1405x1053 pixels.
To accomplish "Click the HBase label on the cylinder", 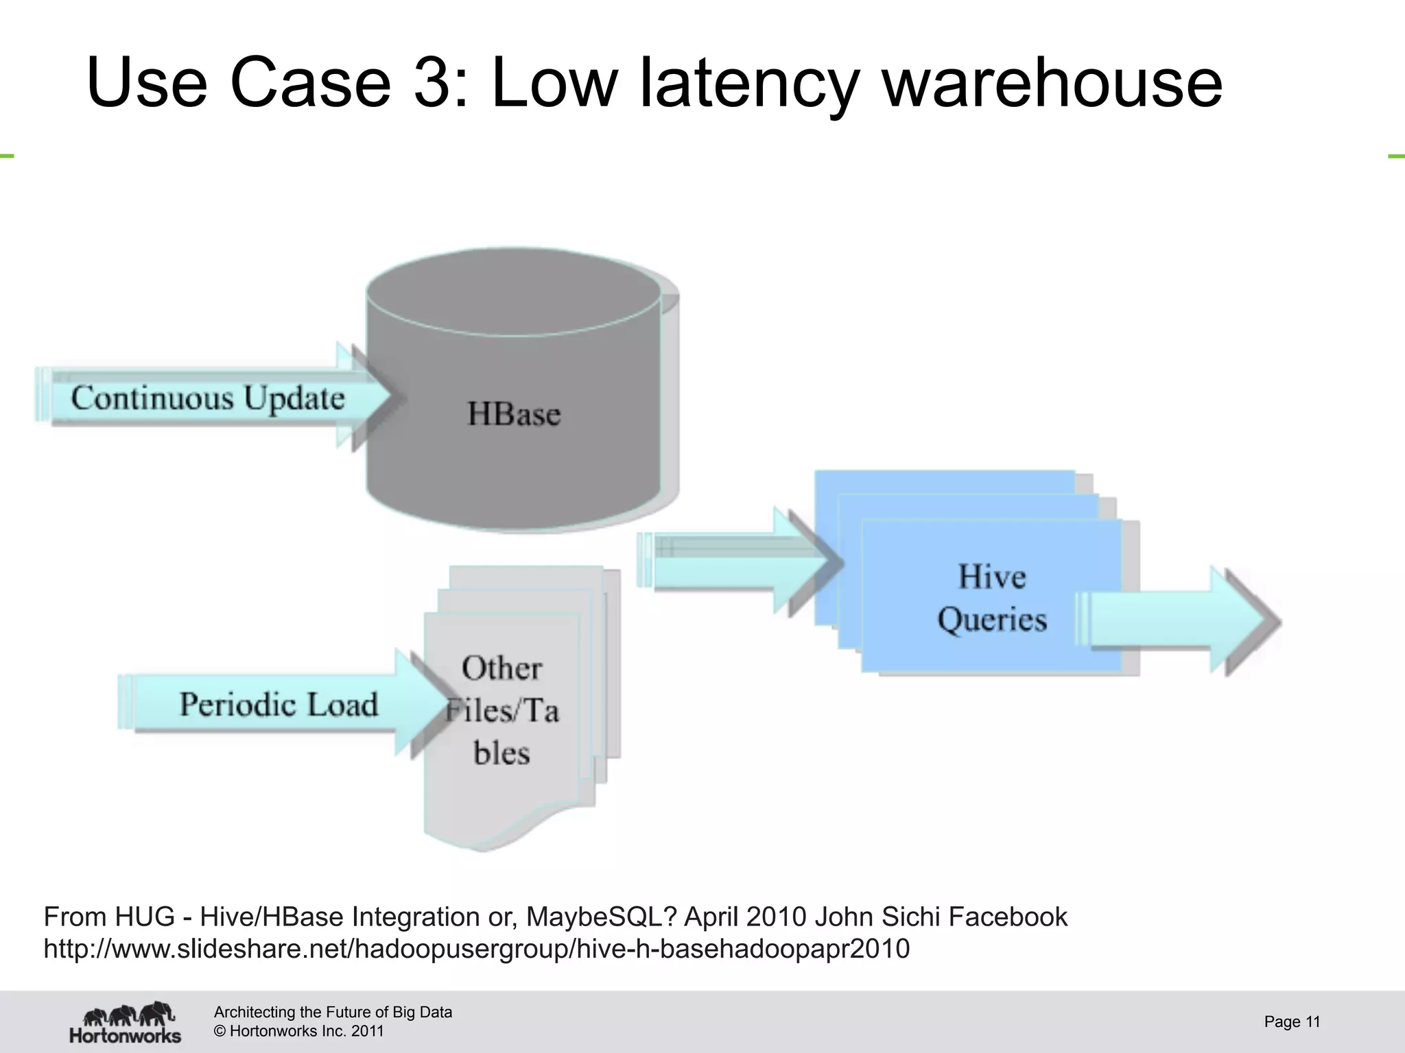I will (514, 414).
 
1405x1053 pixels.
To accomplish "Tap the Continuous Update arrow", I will (208, 398).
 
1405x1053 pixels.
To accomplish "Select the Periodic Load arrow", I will (279, 704).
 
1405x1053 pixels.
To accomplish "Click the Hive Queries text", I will (991, 598).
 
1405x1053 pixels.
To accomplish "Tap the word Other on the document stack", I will (501, 668).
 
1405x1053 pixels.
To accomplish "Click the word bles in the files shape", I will (501, 753).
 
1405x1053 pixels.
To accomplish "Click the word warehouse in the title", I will (1052, 83).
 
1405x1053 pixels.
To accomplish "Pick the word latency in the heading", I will (748, 83).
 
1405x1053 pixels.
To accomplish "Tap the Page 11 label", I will (1292, 1021).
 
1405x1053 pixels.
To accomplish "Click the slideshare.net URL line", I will (476, 949).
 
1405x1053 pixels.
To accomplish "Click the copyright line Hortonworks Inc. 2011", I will (298, 1031).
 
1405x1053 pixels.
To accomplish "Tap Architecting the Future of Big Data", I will (333, 1012).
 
